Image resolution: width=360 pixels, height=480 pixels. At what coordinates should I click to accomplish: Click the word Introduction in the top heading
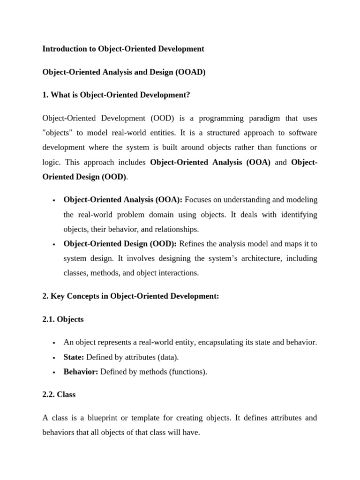pos(64,49)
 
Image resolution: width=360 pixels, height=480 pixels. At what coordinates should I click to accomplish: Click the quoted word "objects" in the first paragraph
pos(58,133)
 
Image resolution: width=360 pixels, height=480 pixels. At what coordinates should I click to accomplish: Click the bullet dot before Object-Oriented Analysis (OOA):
pos(55,201)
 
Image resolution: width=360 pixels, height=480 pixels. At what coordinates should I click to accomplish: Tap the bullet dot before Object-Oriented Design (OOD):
pos(55,244)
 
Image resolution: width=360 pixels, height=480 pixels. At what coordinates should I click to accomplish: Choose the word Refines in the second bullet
pos(192,243)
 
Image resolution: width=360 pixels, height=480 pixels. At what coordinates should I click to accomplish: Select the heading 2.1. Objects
pos(63,319)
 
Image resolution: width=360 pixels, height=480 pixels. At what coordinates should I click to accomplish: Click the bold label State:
pos(74,357)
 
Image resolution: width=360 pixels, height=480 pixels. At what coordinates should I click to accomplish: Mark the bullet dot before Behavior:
pos(55,373)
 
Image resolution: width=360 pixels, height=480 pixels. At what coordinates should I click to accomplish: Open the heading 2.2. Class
pos(59,395)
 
